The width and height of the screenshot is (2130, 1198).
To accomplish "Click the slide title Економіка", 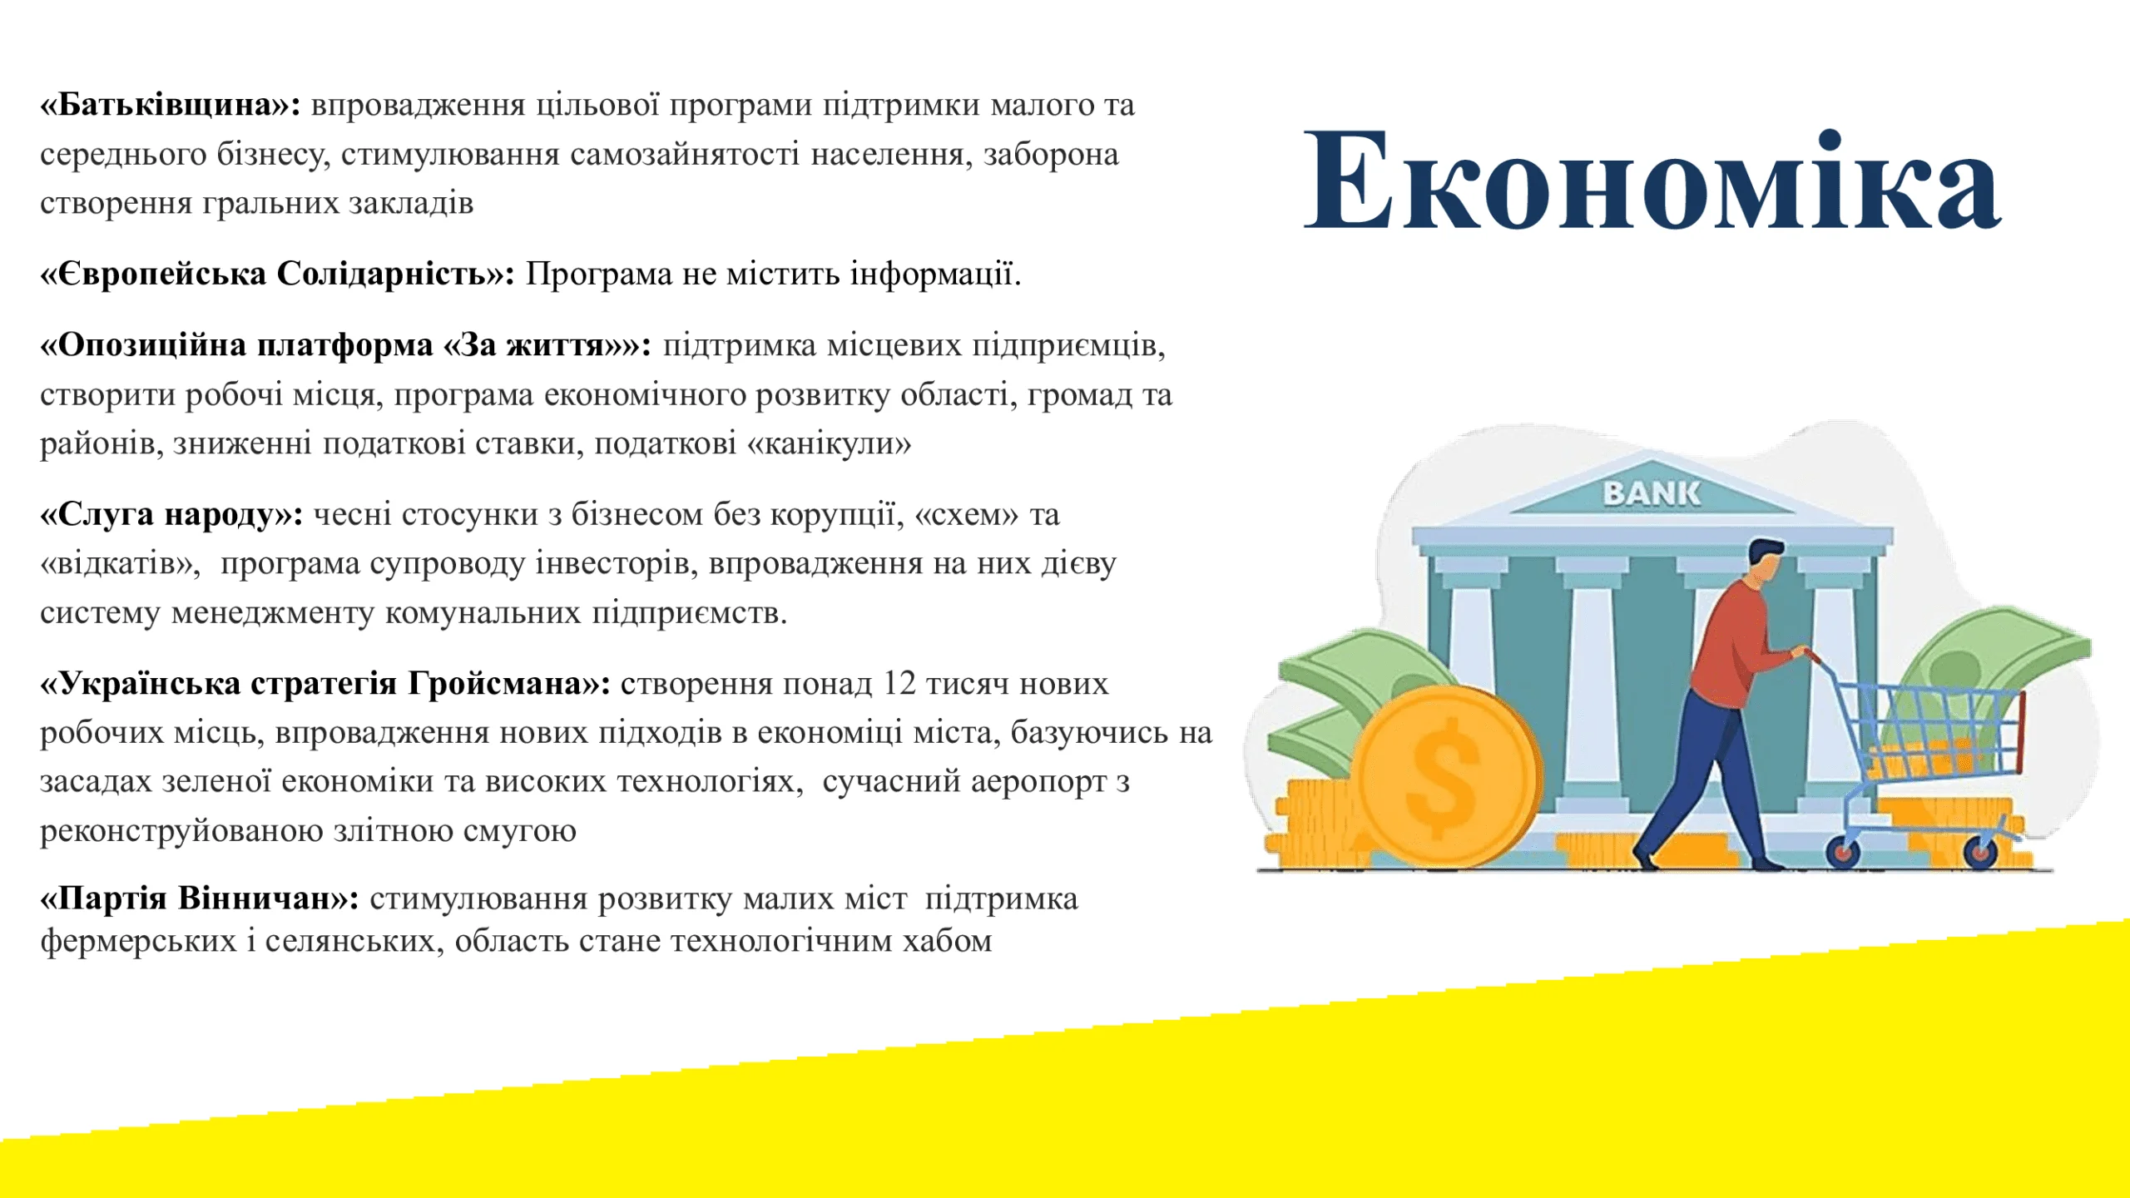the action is pyautogui.click(x=1652, y=181).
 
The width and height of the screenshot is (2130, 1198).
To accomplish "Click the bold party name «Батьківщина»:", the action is pyautogui.click(x=171, y=105).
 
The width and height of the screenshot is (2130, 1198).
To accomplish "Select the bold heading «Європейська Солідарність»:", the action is pyautogui.click(x=278, y=274).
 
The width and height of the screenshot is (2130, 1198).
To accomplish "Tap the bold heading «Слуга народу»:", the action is pyautogui.click(x=171, y=515).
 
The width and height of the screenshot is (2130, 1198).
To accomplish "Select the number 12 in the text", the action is pyautogui.click(x=899, y=684).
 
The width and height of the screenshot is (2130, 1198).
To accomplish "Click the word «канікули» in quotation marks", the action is pyautogui.click(x=829, y=443).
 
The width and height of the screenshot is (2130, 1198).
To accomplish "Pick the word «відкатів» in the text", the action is pyautogui.click(x=120, y=564).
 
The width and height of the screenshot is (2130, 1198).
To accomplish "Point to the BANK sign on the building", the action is pyautogui.click(x=1652, y=493).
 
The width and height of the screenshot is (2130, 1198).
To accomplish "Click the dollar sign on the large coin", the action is pyautogui.click(x=1444, y=778).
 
